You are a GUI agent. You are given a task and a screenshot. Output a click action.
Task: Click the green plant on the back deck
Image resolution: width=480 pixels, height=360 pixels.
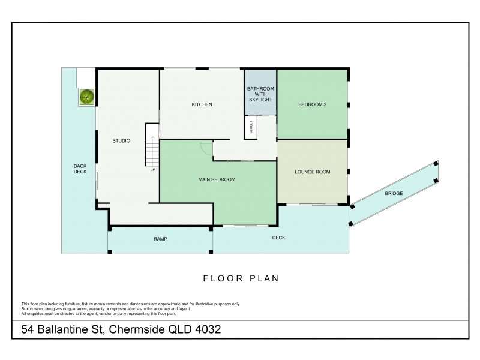(x=86, y=97)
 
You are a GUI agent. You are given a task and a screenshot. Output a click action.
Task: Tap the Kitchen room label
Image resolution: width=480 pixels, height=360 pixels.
(x=202, y=104)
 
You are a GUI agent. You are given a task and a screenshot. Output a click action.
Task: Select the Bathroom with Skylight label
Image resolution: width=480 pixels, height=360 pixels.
(x=260, y=94)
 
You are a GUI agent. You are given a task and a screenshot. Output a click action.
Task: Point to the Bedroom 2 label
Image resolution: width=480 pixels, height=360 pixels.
(x=312, y=104)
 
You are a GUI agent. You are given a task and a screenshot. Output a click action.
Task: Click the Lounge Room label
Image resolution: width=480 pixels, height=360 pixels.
(x=312, y=172)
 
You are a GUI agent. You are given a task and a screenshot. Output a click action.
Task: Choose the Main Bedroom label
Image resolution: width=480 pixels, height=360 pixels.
(x=217, y=179)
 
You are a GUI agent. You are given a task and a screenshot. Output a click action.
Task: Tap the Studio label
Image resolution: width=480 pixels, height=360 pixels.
(x=121, y=141)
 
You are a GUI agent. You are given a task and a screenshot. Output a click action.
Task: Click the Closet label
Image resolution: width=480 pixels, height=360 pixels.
(x=251, y=127)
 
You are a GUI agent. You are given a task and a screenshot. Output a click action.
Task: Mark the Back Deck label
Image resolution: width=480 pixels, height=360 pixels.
(x=80, y=169)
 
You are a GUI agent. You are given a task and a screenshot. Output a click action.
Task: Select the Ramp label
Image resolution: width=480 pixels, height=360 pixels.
(x=160, y=239)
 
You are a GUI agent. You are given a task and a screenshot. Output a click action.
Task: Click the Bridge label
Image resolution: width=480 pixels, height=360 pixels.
(x=394, y=193)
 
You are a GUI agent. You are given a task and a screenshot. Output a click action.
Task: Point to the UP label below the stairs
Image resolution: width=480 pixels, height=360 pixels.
(x=152, y=170)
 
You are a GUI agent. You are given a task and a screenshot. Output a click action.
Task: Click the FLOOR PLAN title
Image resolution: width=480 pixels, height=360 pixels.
(x=241, y=278)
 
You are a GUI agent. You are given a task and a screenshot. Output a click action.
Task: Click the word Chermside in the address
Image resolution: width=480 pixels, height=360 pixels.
(x=137, y=329)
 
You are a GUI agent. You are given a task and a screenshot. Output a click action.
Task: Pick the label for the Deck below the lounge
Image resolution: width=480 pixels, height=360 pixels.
(x=278, y=238)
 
